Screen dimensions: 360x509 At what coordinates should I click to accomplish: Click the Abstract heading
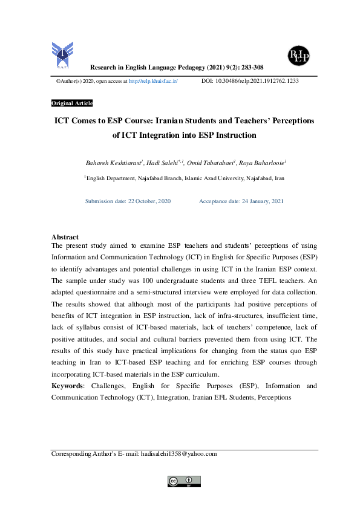point(65,237)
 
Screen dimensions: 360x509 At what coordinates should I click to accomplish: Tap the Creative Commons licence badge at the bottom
point(184,481)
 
